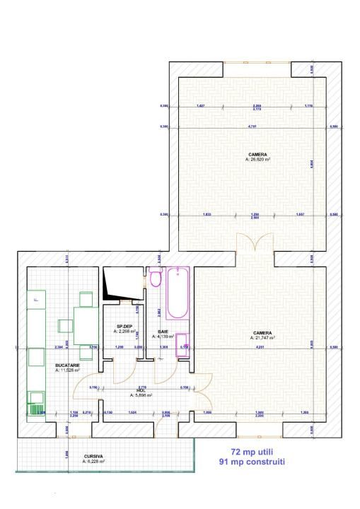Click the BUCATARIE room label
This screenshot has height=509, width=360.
coord(67,365)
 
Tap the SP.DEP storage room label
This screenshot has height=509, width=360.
coord(124,326)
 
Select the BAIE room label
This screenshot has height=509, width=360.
coord(163,330)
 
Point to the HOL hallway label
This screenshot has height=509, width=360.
coord(141,390)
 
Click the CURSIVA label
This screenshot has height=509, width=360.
coord(93,457)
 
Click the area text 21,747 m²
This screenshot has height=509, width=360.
coord(262,338)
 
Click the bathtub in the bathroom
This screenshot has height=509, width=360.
coord(177,294)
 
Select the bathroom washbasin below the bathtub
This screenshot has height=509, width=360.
coord(182,341)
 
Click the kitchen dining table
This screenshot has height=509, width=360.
coord(86,325)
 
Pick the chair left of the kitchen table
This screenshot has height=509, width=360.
coord(65,325)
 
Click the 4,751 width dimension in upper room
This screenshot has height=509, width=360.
coord(252,127)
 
